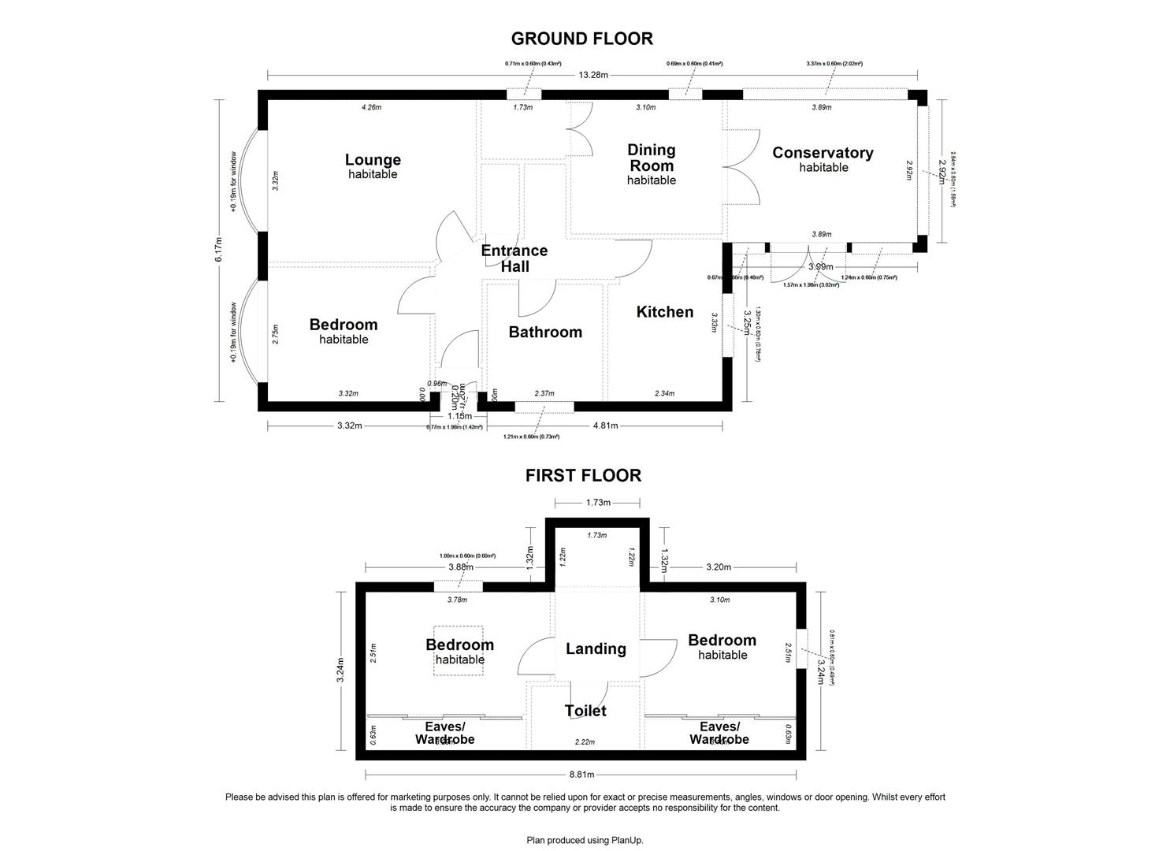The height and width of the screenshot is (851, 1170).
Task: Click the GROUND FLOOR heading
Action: click(581, 39)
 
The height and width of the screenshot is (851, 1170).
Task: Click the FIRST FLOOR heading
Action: click(583, 475)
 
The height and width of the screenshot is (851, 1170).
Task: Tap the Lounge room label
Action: click(373, 161)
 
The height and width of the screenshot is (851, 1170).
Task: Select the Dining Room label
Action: click(651, 158)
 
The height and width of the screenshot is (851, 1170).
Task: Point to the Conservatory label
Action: click(823, 153)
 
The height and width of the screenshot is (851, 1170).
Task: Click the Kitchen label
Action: click(665, 312)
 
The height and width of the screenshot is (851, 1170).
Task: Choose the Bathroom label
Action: click(545, 332)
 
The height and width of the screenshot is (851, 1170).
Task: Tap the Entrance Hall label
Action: click(514, 258)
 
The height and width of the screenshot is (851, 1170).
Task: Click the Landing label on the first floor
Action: click(596, 648)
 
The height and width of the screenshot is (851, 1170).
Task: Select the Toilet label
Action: click(585, 711)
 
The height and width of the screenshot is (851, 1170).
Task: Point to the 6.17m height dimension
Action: click(220, 251)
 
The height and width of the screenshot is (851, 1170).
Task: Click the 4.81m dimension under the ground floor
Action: click(604, 425)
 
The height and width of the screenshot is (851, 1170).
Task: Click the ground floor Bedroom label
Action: click(343, 325)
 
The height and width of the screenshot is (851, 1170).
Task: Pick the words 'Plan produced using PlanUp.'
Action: click(585, 840)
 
